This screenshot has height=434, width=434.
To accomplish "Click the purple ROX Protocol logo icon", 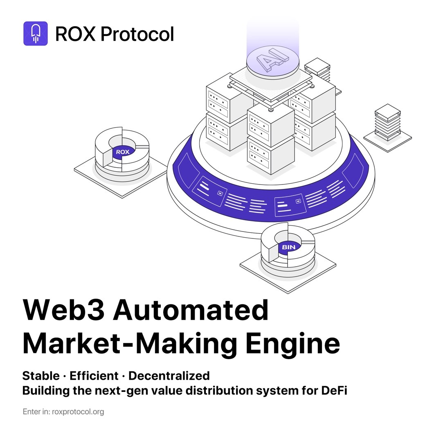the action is (36, 33).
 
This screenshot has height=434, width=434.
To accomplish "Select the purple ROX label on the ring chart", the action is (122, 152).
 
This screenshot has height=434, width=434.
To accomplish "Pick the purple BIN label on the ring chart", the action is (288, 247).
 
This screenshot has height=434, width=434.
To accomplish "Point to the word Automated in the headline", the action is (191, 310).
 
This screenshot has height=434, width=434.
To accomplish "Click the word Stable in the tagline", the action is (40, 376).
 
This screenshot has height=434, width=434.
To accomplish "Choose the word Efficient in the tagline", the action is (94, 376).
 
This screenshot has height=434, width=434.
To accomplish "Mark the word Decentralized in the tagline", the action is (169, 376).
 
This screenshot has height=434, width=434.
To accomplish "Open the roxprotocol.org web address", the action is (78, 412).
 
